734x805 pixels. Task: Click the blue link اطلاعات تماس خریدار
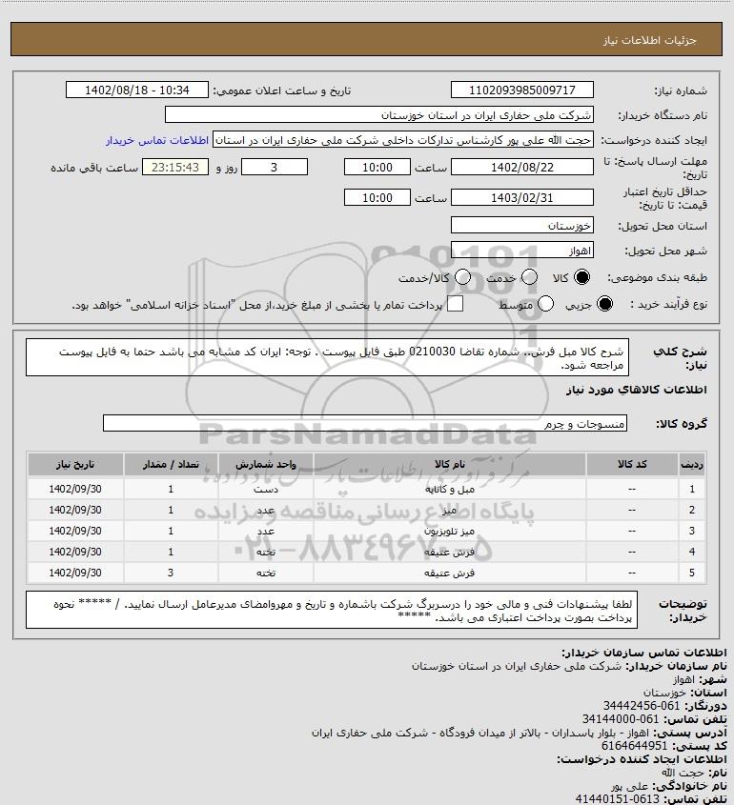tap(157, 140)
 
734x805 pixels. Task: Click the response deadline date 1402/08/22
tap(521, 168)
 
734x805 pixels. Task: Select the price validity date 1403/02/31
tap(521, 198)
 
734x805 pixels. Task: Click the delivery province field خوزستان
tap(521, 227)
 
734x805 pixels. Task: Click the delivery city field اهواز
tap(521, 252)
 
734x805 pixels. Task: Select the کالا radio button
tap(583, 277)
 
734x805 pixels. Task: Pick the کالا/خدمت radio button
tap(463, 277)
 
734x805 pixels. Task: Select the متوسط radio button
tap(546, 304)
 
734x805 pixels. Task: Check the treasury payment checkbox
tap(456, 304)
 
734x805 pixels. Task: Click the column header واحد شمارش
tap(266, 464)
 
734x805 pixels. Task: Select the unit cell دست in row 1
tap(266, 489)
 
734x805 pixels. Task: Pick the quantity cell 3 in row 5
tap(171, 574)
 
